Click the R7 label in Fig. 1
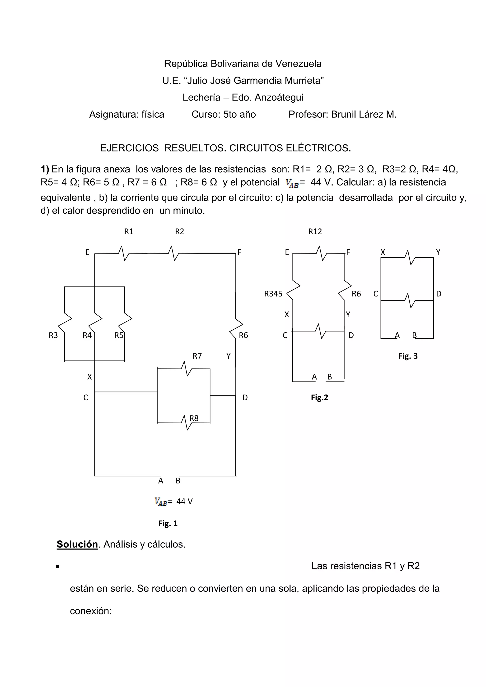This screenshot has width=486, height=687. (197, 356)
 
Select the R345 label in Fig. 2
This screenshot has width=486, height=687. (273, 294)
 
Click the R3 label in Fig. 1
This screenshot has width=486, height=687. (53, 335)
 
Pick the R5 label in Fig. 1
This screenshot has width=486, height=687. (119, 335)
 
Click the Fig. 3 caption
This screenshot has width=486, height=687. (407, 356)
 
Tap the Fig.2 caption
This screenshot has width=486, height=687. (319, 398)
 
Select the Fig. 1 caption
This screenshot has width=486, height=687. (168, 524)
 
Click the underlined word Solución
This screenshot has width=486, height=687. (77, 544)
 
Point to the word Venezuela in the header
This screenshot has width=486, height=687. (298, 64)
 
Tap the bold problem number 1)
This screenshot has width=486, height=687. (45, 169)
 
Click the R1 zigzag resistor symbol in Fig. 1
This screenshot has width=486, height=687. (124, 253)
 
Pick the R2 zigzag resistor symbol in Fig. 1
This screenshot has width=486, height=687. (174, 253)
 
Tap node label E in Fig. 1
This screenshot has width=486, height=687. (87, 252)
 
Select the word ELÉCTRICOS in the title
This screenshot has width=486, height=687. (318, 148)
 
